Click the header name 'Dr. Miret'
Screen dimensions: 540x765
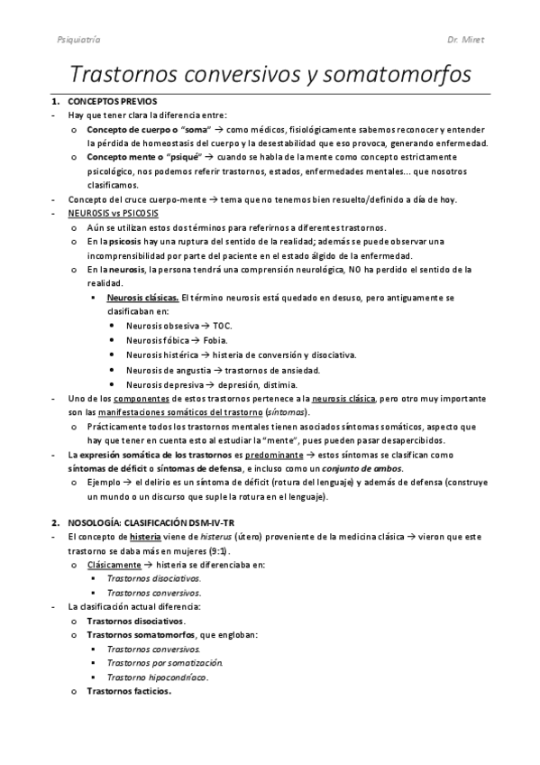468,41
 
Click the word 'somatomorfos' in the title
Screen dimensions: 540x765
390,73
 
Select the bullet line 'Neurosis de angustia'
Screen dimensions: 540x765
168,369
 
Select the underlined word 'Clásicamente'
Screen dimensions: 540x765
114,565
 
